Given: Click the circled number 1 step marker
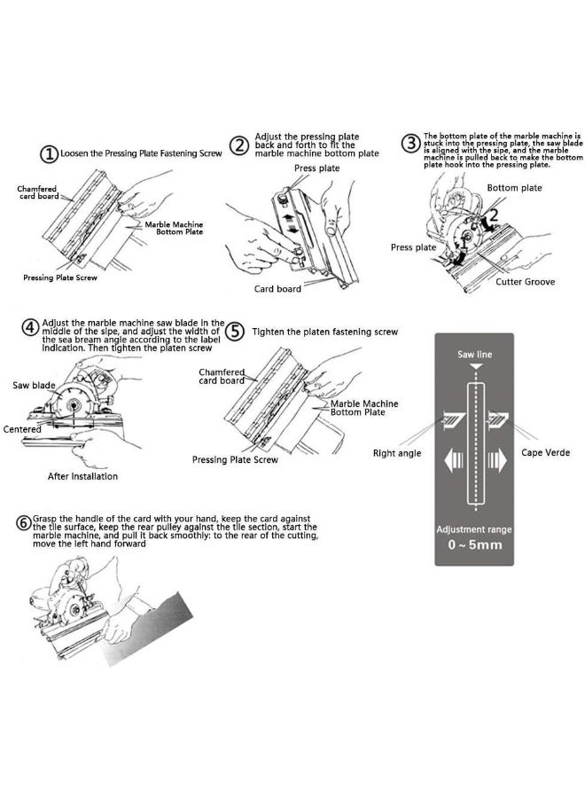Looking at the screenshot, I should tap(50, 154).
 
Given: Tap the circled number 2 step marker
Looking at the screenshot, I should tap(238, 145).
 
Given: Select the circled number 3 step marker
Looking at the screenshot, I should tap(410, 144).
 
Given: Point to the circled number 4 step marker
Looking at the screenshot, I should tap(30, 329).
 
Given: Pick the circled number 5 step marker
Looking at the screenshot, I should tap(234, 332).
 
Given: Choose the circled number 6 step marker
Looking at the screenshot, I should tap(23, 522).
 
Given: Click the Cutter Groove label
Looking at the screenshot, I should tap(526, 281).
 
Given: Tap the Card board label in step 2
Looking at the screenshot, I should tap(277, 288).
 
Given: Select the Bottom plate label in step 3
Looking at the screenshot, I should tap(514, 188).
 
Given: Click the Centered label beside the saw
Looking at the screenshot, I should tap(22, 429).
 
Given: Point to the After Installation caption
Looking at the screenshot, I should tap(82, 476).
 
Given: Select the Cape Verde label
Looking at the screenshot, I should tap(545, 452).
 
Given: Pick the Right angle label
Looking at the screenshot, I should tap(397, 453).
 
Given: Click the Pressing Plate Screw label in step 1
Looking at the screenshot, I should tap(58, 278).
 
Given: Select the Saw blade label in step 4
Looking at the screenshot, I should tap(32, 385).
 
